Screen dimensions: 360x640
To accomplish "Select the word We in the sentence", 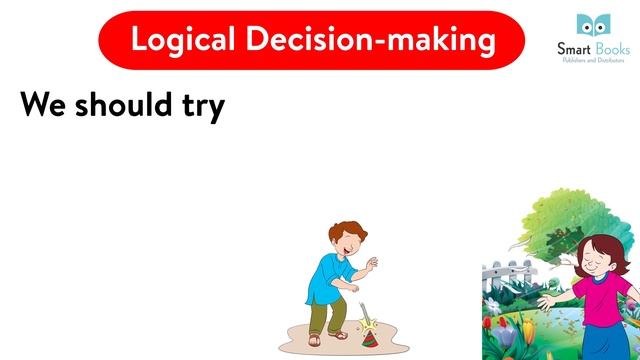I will coord(45,103).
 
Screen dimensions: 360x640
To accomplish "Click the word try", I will coord(202,105).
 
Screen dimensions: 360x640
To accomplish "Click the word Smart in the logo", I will coord(573,48).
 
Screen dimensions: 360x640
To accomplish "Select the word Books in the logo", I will coord(609,48).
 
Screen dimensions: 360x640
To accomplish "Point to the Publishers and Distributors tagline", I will coord(593,60).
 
